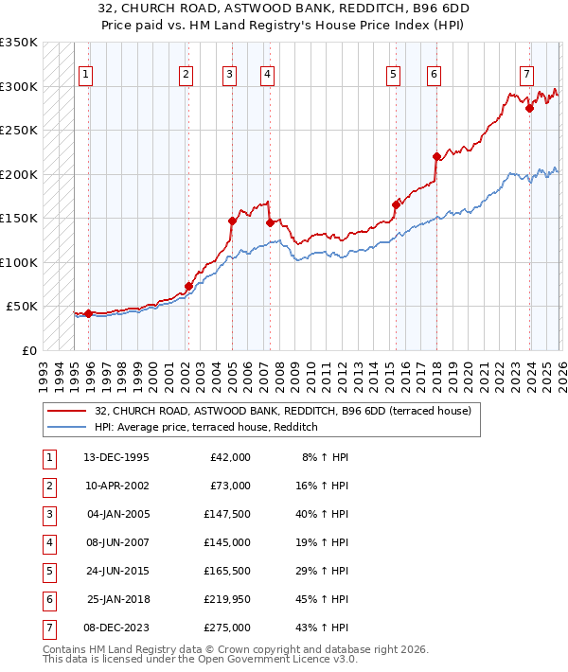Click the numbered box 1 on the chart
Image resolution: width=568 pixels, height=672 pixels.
[86, 75]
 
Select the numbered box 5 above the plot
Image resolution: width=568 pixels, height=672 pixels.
[393, 75]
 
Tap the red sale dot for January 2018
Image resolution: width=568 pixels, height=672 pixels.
[436, 157]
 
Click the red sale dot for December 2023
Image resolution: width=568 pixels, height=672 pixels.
[529, 108]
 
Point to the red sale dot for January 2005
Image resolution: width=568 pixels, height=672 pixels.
[232, 221]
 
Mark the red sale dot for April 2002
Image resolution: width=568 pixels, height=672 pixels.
[188, 286]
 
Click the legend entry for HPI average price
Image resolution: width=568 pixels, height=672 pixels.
[205, 428]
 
